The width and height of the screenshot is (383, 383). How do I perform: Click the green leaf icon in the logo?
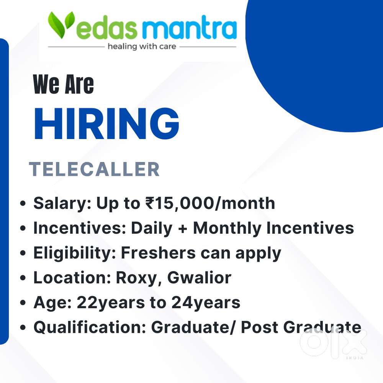[x=61, y=25]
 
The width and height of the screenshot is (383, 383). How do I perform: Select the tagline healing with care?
[x=142, y=46]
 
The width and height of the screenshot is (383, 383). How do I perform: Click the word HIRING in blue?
[x=107, y=124]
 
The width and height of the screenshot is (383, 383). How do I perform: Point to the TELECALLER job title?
[x=94, y=169]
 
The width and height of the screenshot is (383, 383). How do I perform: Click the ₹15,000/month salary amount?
[x=210, y=203]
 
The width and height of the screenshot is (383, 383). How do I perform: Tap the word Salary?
[x=62, y=204]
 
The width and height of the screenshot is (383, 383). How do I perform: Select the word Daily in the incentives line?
[x=152, y=229]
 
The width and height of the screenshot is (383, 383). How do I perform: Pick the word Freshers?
[x=158, y=253]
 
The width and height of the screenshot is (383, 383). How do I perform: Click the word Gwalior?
[x=199, y=278]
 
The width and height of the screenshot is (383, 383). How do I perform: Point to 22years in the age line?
[x=111, y=303]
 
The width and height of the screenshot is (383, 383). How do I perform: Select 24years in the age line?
[x=206, y=303]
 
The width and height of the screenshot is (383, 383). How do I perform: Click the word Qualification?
[x=90, y=327]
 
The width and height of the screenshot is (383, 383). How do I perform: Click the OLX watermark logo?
[x=334, y=343]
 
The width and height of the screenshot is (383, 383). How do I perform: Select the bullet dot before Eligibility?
[x=23, y=253]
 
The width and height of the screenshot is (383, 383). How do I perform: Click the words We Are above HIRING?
[x=63, y=85]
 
